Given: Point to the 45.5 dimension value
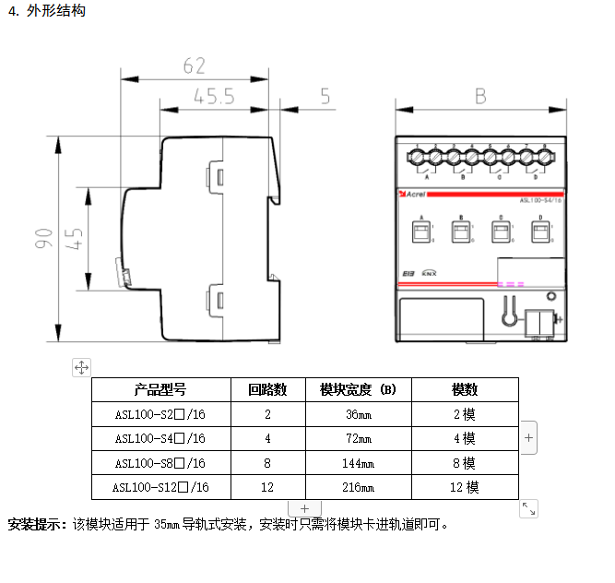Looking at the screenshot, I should click(214, 96).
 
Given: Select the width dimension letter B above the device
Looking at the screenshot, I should click(480, 95).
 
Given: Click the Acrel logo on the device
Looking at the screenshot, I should click(411, 194).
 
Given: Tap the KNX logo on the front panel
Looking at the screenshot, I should click(429, 273).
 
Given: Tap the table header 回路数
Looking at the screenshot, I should click(267, 389).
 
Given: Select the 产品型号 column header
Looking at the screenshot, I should click(160, 389).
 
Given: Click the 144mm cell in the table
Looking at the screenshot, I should click(358, 463).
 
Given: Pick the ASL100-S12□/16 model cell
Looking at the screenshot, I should click(160, 487).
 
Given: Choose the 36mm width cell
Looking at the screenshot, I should click(358, 414).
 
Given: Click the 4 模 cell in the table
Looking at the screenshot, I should click(464, 438).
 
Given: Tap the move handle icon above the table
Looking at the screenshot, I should click(81, 367).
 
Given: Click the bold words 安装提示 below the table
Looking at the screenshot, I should click(37, 525).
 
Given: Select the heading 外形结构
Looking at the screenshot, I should click(56, 12).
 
